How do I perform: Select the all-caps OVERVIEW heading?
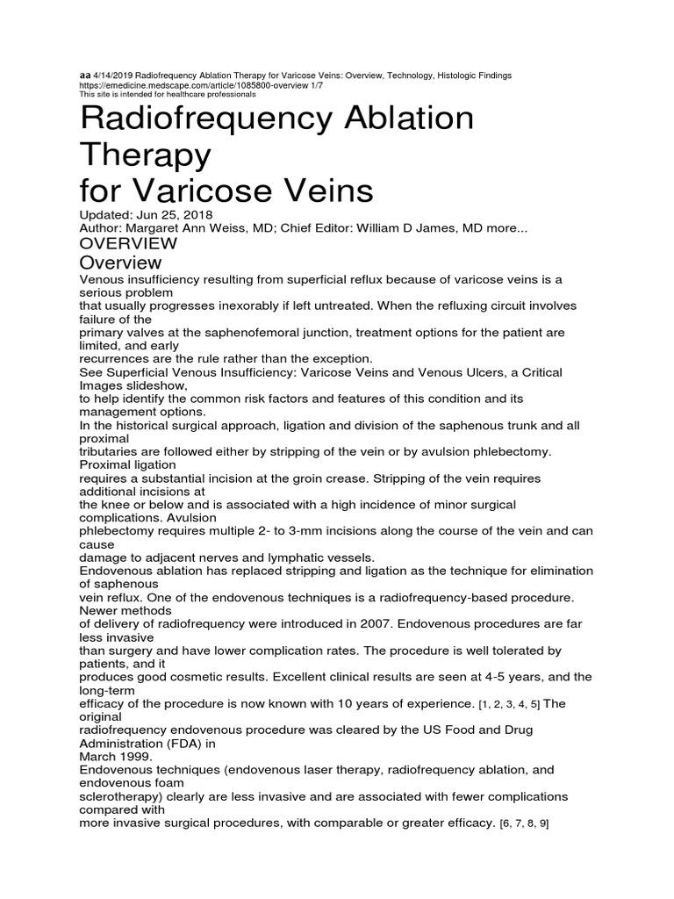coord(128,243)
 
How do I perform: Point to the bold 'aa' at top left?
coord(85,76)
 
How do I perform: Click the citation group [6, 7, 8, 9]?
coord(524,824)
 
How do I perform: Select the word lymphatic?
coord(290,557)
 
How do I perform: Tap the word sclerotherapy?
coord(121,796)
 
